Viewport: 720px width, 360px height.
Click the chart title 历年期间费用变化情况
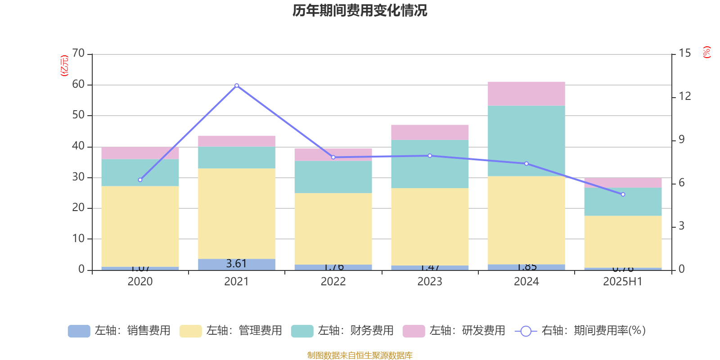[360, 10]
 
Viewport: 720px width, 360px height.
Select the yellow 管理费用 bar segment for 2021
[237, 213]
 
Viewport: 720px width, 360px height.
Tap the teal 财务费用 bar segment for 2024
[526, 141]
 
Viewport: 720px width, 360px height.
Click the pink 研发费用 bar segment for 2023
[430, 132]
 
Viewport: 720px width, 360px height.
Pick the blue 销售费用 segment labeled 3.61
[237, 264]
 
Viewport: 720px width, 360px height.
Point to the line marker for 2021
[237, 85]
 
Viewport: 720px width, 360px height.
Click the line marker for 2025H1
[623, 194]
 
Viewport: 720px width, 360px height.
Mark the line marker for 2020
[140, 180]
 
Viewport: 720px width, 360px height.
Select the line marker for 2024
[526, 164]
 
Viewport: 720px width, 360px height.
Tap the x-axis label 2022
[333, 282]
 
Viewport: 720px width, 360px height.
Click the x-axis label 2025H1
[623, 282]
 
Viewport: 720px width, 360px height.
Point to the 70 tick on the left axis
[78, 54]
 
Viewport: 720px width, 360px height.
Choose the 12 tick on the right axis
[685, 96]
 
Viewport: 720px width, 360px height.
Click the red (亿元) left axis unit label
[64, 66]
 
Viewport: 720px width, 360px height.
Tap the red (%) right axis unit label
[707, 52]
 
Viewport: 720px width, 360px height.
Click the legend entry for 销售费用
[119, 331]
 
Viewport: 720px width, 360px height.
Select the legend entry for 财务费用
[342, 331]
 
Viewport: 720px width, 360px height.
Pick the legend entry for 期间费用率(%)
[580, 331]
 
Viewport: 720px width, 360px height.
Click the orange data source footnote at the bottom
[360, 355]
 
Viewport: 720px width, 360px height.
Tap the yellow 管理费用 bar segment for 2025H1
[623, 242]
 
